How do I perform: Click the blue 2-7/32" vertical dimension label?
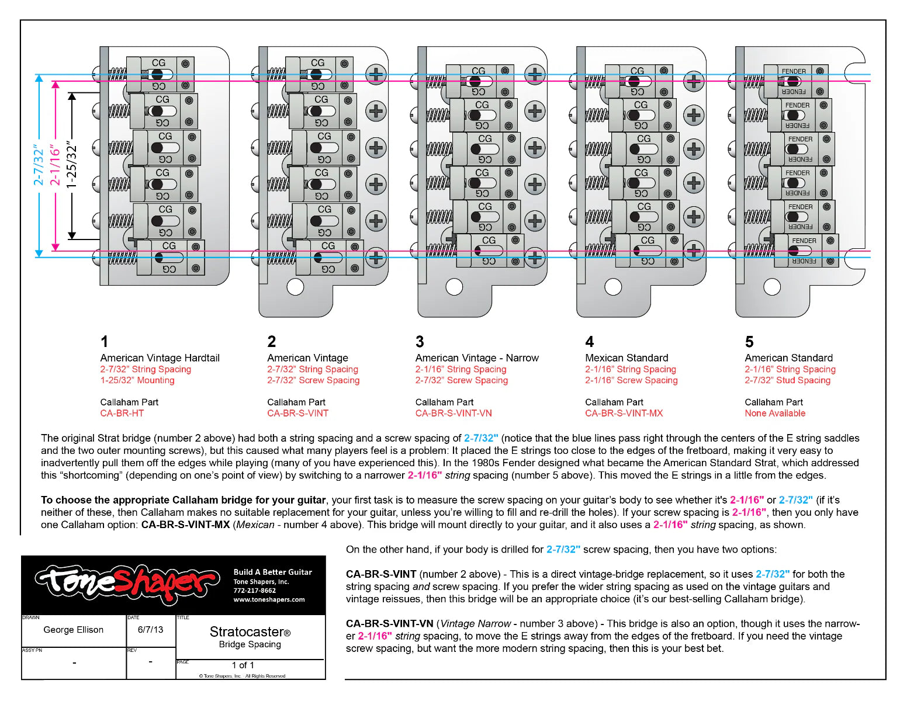pos(39,166)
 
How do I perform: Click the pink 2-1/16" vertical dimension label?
pos(55,166)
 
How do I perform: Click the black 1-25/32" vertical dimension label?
pos(72,166)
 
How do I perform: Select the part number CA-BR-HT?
pos(122,413)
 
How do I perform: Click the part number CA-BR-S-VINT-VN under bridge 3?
pos(453,413)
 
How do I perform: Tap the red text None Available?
pos(775,413)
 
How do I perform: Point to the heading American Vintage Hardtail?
pos(160,358)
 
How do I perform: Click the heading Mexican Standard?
pos(626,358)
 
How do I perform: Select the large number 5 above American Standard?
pos(749,342)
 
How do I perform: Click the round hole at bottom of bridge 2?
pos(295,287)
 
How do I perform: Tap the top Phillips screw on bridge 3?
pos(535,74)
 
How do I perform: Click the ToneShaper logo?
pos(127,584)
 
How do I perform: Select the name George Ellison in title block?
pos(74,630)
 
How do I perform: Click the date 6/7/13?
pos(150,630)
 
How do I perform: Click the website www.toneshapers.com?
pos(269,599)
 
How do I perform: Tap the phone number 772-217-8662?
pos(255,591)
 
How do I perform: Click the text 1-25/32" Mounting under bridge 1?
pos(137,380)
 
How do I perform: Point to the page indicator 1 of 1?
pos(243,665)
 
